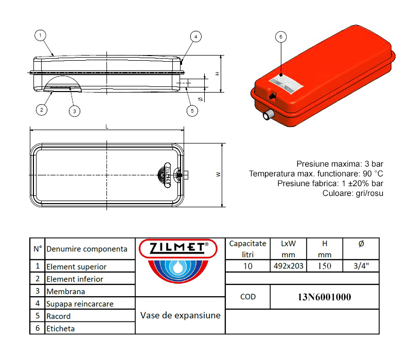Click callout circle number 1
pyautogui.click(x=40, y=35)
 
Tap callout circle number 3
pyautogui.click(x=74, y=111)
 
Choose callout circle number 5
pyautogui.click(x=192, y=110)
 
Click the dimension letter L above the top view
pyautogui.click(x=106, y=126)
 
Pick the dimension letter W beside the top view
pyautogui.click(x=219, y=174)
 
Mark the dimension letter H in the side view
pyautogui.click(x=218, y=74)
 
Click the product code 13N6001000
pyautogui.click(x=325, y=297)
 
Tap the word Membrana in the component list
pyautogui.click(x=65, y=292)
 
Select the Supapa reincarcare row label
pyautogui.click(x=80, y=304)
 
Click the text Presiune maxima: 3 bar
pyautogui.click(x=340, y=164)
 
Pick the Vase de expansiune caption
pyautogui.click(x=180, y=315)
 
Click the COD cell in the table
pyautogui.click(x=248, y=297)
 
